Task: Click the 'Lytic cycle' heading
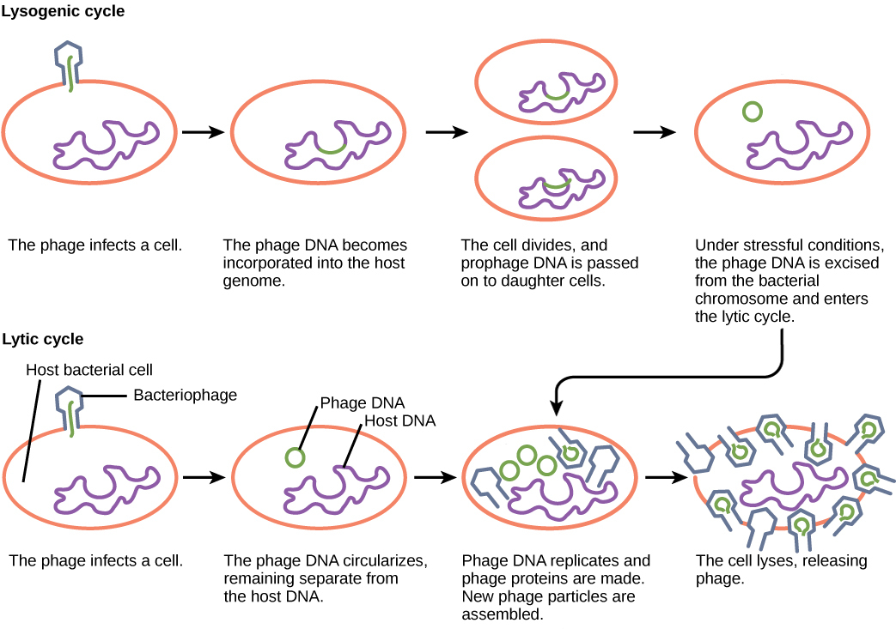pos(43,339)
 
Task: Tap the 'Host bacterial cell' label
pos(89,371)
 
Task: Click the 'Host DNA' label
pos(399,420)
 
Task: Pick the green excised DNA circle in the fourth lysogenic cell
pos(753,111)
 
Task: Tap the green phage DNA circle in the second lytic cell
pos(295,457)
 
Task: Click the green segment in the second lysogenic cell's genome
pos(332,150)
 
